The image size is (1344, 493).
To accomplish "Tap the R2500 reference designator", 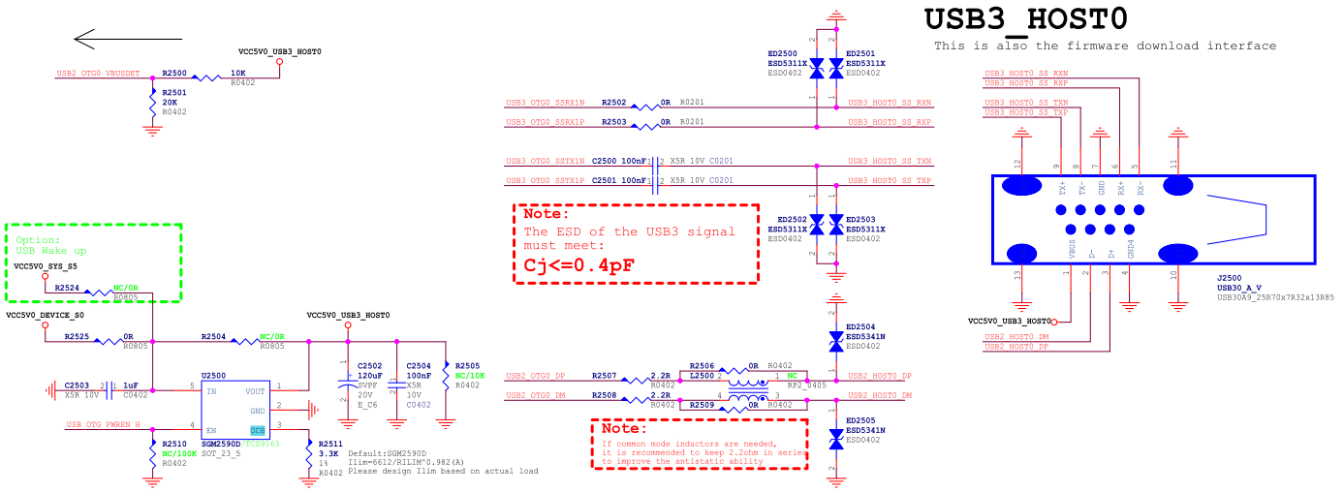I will point(175,74).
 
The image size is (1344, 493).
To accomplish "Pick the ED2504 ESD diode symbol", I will point(834,341).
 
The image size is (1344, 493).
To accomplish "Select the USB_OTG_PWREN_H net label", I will point(103,424).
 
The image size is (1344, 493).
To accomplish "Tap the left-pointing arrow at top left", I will point(127,39).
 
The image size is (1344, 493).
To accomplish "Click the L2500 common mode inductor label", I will point(702,375).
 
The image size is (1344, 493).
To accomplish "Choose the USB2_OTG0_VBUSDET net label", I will point(98,74).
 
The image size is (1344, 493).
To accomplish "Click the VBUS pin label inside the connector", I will point(1073,249).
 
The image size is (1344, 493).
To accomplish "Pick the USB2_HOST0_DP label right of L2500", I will point(879,376).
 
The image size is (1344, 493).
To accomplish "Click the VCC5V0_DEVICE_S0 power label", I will point(45,316).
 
